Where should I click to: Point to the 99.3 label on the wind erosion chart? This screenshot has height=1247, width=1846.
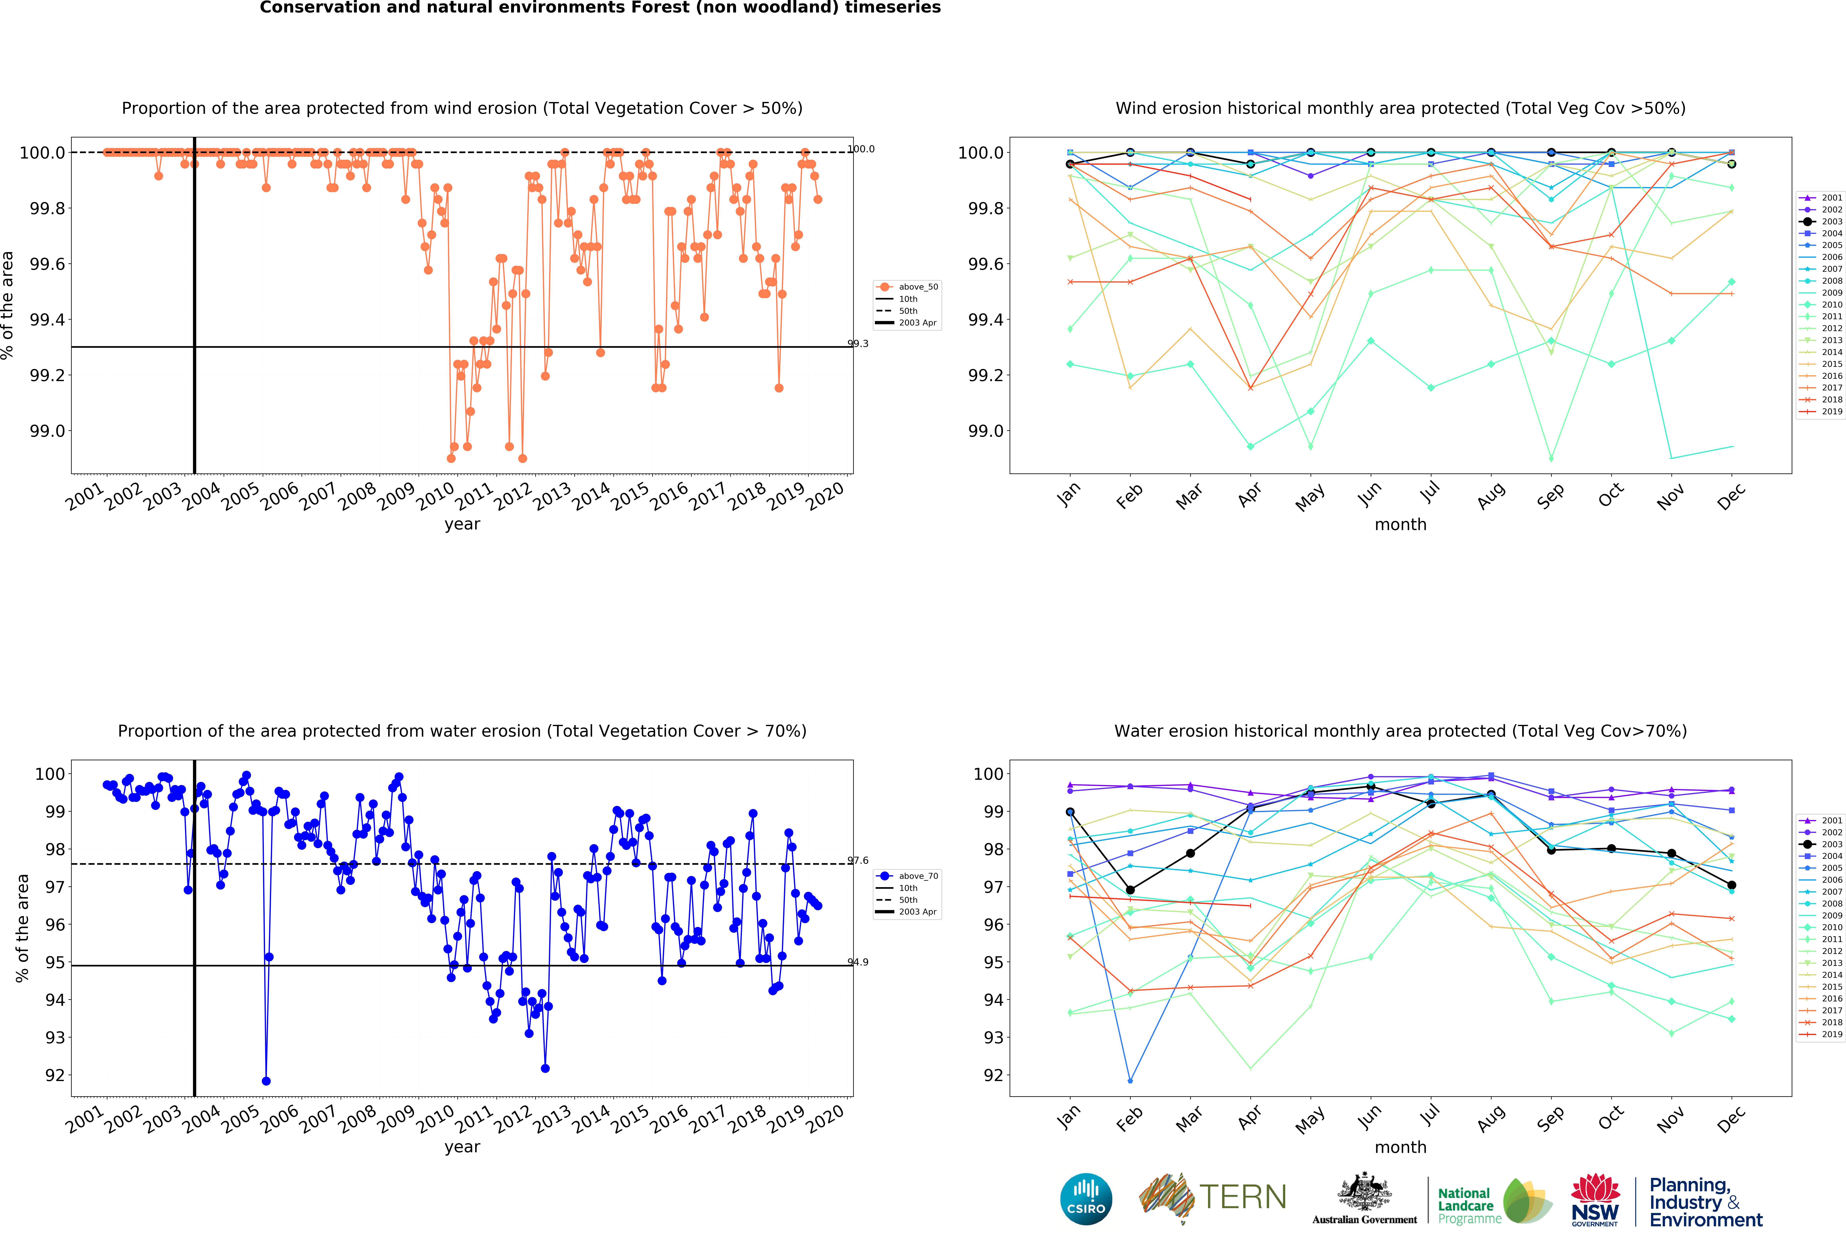pos(858,344)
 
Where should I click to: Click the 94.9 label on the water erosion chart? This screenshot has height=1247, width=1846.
pos(858,962)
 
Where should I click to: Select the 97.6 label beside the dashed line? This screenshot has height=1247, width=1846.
pos(858,860)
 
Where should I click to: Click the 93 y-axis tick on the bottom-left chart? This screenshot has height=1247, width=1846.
pos(55,1037)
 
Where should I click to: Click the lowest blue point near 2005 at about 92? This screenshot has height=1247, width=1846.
pos(266,1081)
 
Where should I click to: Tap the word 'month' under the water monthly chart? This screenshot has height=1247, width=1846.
pos(1400,1147)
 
